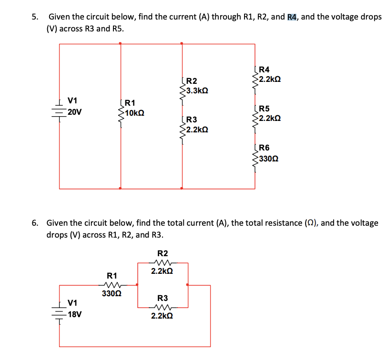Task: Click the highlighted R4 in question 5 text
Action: [x=293, y=17]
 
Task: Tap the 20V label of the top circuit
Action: [x=74, y=112]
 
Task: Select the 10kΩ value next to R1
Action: [x=135, y=114]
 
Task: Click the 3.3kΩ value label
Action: [x=197, y=90]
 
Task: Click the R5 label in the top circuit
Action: [x=265, y=109]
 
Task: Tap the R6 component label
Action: [x=265, y=148]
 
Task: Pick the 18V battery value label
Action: [x=74, y=314]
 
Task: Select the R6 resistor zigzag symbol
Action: [x=255, y=157]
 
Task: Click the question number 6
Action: [x=35, y=223]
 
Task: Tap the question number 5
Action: [x=35, y=17]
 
